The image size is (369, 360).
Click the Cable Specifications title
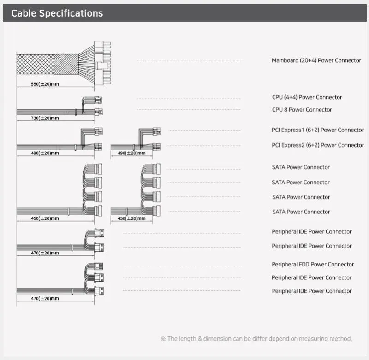pyautogui.click(x=57, y=13)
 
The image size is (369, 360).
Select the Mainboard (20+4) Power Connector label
pyautogui.click(x=316, y=60)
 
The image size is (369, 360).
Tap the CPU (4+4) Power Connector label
pyautogui.click(x=307, y=97)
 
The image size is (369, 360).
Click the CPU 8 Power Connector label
pyautogui.click(x=302, y=110)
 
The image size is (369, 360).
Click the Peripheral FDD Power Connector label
pyautogui.click(x=313, y=264)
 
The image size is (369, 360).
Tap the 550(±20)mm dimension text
pyautogui.click(x=45, y=84)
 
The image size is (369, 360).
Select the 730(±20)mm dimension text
pyautogui.click(x=45, y=118)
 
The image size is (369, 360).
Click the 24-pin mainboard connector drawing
pyautogui.click(x=102, y=63)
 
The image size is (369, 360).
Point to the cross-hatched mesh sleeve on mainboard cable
pyautogui.click(x=36, y=64)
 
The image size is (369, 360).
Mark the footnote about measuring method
pyautogui.click(x=256, y=339)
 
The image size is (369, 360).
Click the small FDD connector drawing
pyautogui.click(x=99, y=266)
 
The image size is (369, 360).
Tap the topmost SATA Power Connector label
pyautogui.click(x=301, y=167)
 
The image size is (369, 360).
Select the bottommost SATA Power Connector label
pyautogui.click(x=301, y=212)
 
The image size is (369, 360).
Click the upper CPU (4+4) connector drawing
pyautogui.click(x=98, y=100)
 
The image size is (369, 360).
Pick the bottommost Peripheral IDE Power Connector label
pyautogui.click(x=312, y=291)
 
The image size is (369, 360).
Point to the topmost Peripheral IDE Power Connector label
pyautogui.click(x=312, y=231)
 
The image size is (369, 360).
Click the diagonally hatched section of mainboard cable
pyautogui.click(x=66, y=64)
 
